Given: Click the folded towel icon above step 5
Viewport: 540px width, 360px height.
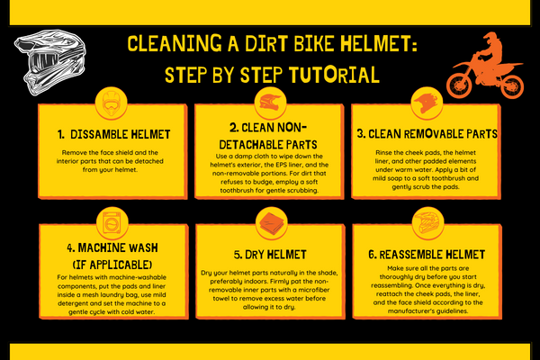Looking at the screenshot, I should click(x=269, y=221).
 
